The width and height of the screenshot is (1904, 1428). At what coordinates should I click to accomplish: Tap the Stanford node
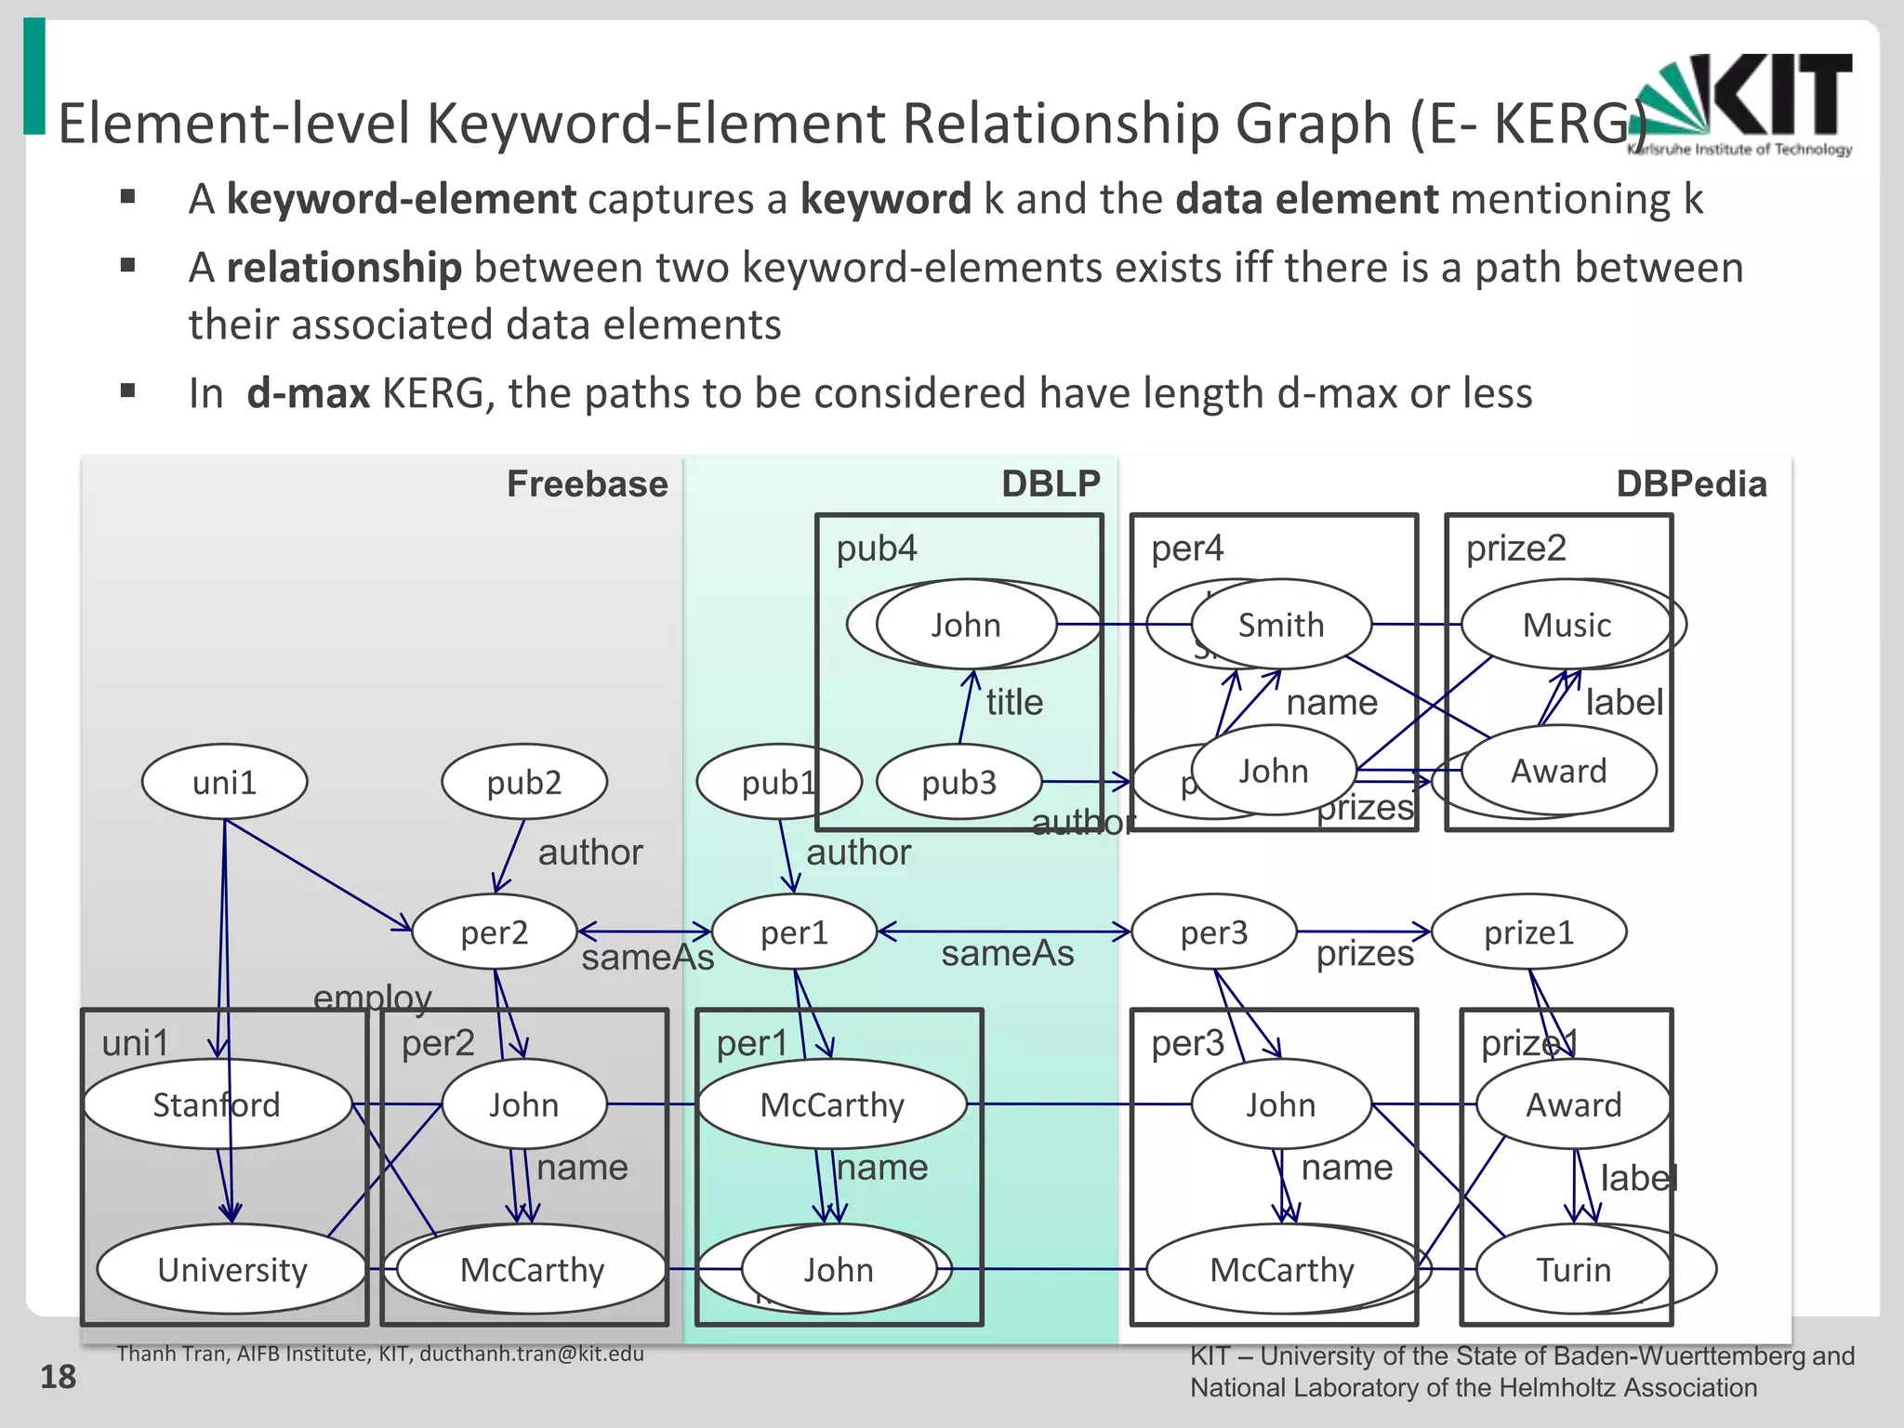pyautogui.click(x=217, y=1104)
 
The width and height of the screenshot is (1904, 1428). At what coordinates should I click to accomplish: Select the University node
pyautogui.click(x=231, y=1269)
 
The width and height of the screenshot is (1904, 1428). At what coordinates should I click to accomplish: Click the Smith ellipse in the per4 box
pyautogui.click(x=1281, y=625)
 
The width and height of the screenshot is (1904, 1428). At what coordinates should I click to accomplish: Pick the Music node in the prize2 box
pyautogui.click(x=1567, y=625)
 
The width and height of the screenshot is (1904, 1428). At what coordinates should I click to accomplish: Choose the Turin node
pyautogui.click(x=1573, y=1269)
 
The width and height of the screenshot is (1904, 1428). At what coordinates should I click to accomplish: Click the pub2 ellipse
pyautogui.click(x=524, y=782)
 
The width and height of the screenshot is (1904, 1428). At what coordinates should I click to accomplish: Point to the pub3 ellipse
pyautogui.click(x=959, y=782)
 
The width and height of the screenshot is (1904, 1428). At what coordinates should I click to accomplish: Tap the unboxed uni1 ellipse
pyautogui.click(x=224, y=782)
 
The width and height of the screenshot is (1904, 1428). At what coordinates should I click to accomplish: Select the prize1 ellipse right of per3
pyautogui.click(x=1528, y=932)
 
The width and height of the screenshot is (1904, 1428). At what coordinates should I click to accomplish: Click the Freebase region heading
pyautogui.click(x=587, y=484)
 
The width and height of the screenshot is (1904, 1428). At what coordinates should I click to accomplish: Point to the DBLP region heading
pyautogui.click(x=1051, y=484)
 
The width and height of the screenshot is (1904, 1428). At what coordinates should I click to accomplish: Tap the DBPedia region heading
pyautogui.click(x=1691, y=484)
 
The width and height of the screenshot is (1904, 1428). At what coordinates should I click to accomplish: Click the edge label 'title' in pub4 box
pyautogui.click(x=1014, y=702)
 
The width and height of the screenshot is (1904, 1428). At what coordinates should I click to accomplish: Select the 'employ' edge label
pyautogui.click(x=372, y=998)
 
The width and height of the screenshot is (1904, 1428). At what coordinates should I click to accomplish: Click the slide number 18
pyautogui.click(x=58, y=1377)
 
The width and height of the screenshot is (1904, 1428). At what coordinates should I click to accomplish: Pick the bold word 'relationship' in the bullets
pyautogui.click(x=344, y=268)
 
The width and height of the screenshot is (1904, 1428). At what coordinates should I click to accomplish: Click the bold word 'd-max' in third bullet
pyautogui.click(x=308, y=393)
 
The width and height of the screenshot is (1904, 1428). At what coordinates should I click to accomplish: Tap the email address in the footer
pyautogui.click(x=532, y=1354)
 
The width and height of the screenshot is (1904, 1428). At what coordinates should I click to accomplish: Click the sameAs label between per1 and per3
pyautogui.click(x=1007, y=953)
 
